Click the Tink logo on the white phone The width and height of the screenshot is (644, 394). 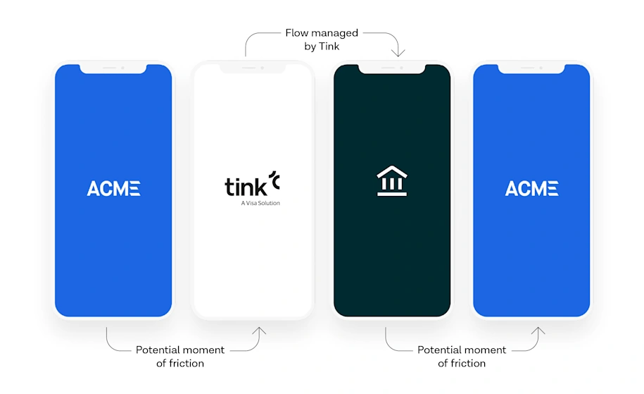252,185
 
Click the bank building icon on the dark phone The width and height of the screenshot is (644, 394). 392,182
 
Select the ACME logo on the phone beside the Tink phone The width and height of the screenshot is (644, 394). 113,188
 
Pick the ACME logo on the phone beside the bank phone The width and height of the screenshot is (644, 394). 531,188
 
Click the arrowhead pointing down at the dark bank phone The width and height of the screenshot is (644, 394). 399,53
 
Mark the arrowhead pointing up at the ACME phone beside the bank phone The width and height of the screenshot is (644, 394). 540,330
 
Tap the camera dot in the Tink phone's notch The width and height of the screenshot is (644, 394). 262,68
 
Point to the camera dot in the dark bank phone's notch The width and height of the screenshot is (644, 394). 401,68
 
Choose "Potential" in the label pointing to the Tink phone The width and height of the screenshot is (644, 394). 158,350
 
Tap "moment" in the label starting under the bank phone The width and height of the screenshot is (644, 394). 485,350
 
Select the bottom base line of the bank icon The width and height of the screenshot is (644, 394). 392,195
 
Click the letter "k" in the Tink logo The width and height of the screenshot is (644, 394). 260,186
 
